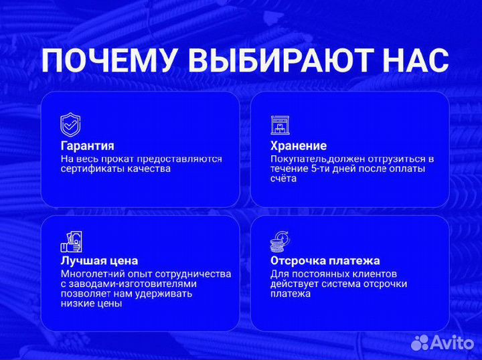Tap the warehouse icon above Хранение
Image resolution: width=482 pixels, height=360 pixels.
pos(280,125)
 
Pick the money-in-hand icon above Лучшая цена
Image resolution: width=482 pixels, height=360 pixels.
pos(70,241)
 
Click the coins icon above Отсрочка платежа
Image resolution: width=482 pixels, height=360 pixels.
pos(280,241)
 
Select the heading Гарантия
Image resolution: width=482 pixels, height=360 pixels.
pos(87,146)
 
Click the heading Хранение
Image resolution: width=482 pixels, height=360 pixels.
pos(299,146)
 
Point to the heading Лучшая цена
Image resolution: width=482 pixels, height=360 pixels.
pos(99,261)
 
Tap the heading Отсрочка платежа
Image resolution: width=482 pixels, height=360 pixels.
pos(325,261)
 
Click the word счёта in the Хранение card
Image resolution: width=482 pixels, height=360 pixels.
pos(283,179)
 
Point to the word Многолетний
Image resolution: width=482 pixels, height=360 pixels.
pos(89,274)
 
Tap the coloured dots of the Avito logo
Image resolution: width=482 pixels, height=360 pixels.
pos(419,343)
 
